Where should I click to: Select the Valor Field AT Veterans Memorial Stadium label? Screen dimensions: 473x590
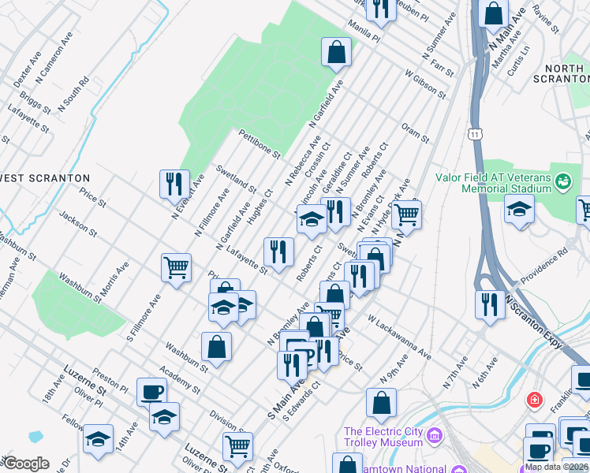(x=493, y=183)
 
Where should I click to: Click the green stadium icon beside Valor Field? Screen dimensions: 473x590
(x=562, y=182)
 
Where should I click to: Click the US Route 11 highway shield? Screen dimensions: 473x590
(x=474, y=136)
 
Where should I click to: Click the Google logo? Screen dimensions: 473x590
(x=26, y=464)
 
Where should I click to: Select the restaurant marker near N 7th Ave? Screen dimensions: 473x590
(x=490, y=304)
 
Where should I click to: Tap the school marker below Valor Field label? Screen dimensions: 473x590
(x=519, y=210)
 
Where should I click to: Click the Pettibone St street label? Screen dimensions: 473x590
(x=260, y=143)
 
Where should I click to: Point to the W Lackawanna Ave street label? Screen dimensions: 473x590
(x=399, y=338)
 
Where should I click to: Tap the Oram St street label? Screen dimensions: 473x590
(x=414, y=132)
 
